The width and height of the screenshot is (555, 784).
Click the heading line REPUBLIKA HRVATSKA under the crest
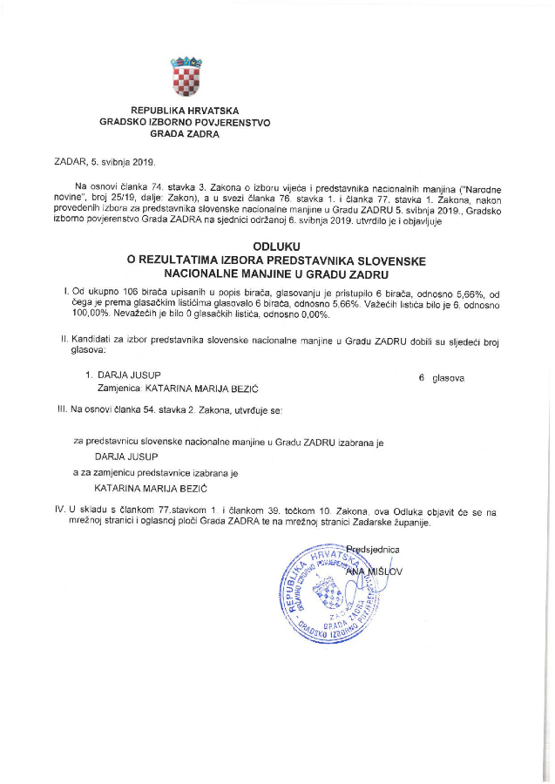[185, 111]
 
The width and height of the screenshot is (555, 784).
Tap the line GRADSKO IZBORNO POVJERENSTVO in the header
[185, 123]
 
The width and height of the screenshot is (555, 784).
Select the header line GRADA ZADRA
[185, 135]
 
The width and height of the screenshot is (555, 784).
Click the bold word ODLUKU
[276, 247]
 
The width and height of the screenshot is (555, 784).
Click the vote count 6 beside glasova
[422, 379]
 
